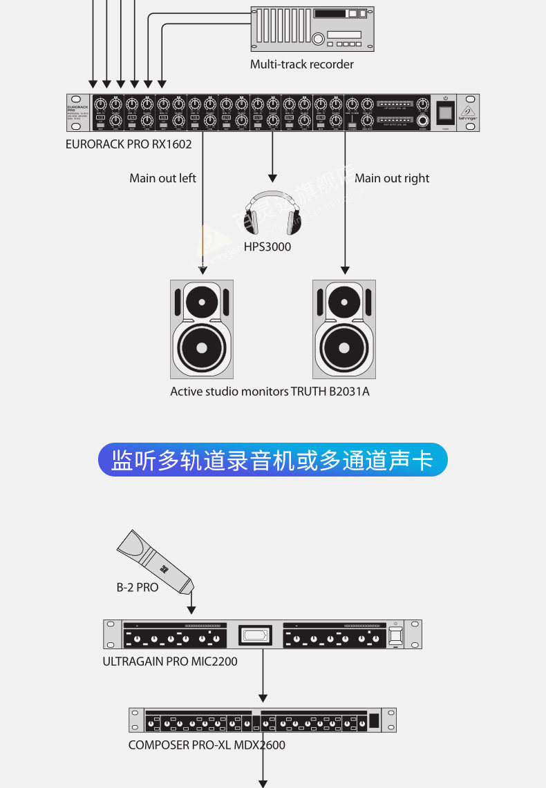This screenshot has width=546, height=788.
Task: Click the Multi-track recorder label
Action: pos(302,64)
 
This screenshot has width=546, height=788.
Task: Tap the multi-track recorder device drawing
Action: pos(312,28)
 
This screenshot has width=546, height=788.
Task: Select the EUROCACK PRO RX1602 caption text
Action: pos(129,144)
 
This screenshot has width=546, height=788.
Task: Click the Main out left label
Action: pos(162,178)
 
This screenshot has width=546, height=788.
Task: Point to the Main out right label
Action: pos(392,178)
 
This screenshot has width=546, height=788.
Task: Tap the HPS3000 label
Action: pos(267,247)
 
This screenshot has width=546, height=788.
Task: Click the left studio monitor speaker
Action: pos(202,329)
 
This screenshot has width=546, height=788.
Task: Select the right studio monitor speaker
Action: pos(344,329)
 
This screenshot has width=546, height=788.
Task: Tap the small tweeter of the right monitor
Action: pos(344,302)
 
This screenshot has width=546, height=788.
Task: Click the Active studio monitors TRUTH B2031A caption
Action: pos(270,392)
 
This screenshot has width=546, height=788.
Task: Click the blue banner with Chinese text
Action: pos(273,460)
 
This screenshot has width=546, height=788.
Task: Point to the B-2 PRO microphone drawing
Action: pos(156,561)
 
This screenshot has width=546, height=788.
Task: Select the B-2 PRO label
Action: pos(137,588)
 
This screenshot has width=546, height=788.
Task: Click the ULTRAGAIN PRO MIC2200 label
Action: pos(170,662)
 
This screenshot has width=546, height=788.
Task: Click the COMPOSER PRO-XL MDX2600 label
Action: pos(207,745)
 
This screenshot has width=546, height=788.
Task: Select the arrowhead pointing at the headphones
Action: pos(273,177)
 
